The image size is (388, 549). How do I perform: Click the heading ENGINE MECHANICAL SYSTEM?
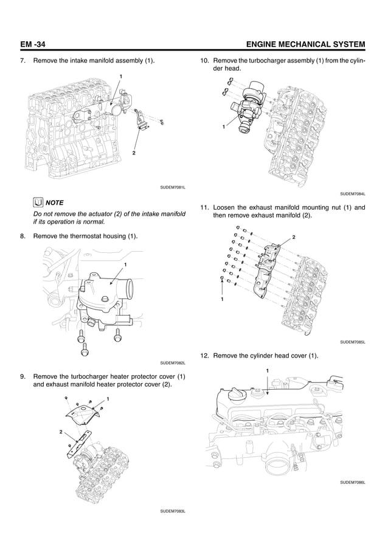[303, 44]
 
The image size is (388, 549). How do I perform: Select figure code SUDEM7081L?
[172, 187]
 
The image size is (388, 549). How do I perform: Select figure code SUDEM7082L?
[172, 362]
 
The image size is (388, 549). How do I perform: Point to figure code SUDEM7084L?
[352, 194]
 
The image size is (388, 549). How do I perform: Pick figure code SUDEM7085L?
[352, 342]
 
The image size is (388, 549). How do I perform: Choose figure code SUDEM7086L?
[352, 482]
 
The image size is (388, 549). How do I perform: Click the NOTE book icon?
[38, 202]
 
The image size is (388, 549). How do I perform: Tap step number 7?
[23, 61]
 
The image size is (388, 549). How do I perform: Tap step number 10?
[204, 61]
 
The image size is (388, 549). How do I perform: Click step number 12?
[204, 355]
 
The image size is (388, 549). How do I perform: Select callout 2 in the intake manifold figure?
[133, 154]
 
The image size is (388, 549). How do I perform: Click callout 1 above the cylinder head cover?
[266, 370]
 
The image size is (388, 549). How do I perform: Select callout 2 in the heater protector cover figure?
[61, 431]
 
